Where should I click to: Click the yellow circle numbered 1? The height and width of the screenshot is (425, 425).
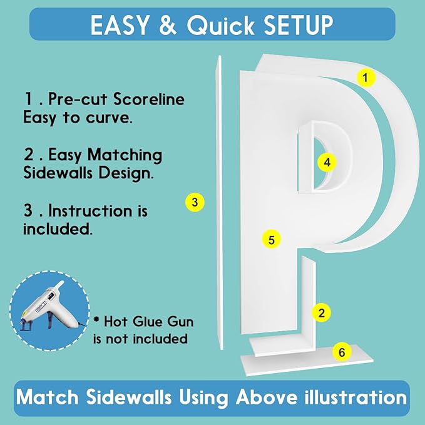[366, 78]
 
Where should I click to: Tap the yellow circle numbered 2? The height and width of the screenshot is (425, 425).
[322, 313]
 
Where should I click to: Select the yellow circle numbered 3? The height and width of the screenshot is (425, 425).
[195, 202]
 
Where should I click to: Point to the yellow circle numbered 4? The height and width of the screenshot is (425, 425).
[327, 162]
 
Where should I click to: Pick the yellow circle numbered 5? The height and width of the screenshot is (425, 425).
[271, 240]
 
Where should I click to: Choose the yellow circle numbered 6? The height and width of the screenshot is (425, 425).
[342, 352]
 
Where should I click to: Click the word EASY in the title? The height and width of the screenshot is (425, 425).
[120, 25]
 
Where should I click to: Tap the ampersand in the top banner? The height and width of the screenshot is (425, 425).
[168, 25]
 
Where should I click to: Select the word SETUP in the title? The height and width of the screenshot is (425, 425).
[299, 25]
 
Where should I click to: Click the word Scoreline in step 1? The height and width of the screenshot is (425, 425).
[149, 99]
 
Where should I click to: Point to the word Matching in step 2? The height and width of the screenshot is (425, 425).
[125, 156]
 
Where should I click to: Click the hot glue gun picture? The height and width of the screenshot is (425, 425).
[50, 310]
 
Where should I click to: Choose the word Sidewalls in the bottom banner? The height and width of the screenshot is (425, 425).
[129, 397]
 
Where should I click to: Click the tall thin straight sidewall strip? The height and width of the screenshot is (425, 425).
[220, 202]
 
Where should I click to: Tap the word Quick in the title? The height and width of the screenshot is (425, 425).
[220, 25]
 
